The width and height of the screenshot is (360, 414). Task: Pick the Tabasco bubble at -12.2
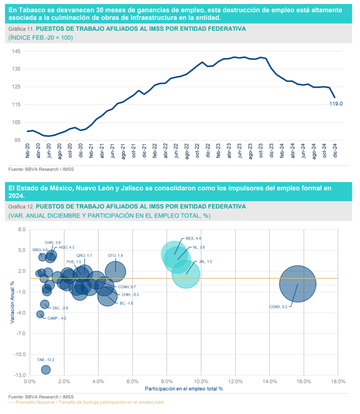pyautogui.click(x=46, y=370)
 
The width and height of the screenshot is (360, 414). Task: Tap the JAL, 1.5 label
pyautogui.click(x=205, y=262)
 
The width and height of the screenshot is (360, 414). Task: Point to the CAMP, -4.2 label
pyautogui.click(x=57, y=318)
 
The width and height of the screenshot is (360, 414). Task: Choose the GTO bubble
pyautogui.click(x=116, y=272)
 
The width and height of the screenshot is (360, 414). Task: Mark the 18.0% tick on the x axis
pyautogui.click(x=338, y=381)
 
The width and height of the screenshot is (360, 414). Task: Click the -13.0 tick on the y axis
pyautogui.click(x=20, y=375)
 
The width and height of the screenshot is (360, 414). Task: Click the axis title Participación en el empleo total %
pyautogui.click(x=184, y=389)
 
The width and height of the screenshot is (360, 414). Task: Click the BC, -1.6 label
pyautogui.click(x=126, y=303)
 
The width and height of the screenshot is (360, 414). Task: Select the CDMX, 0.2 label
pyautogui.click(x=279, y=307)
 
